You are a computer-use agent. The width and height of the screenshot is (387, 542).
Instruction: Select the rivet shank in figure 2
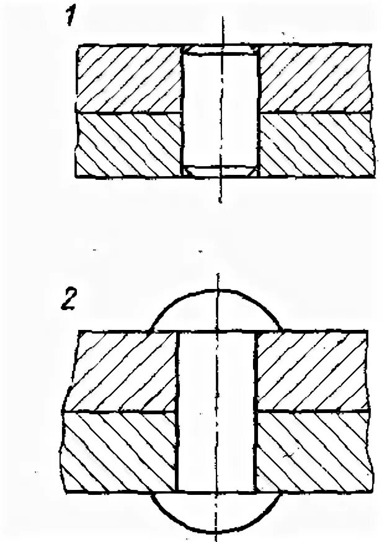pyautogui.click(x=216, y=412)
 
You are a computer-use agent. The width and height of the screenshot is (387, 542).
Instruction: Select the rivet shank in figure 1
pyautogui.click(x=221, y=112)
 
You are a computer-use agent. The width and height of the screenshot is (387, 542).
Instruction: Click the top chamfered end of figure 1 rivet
pyautogui.click(x=221, y=50)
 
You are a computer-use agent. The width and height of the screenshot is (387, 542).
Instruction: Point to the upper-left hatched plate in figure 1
pyautogui.click(x=128, y=79)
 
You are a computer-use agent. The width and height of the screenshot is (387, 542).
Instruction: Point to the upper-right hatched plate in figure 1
pyautogui.click(x=315, y=79)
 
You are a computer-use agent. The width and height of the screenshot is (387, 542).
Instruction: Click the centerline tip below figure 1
pyautogui.click(x=221, y=202)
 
